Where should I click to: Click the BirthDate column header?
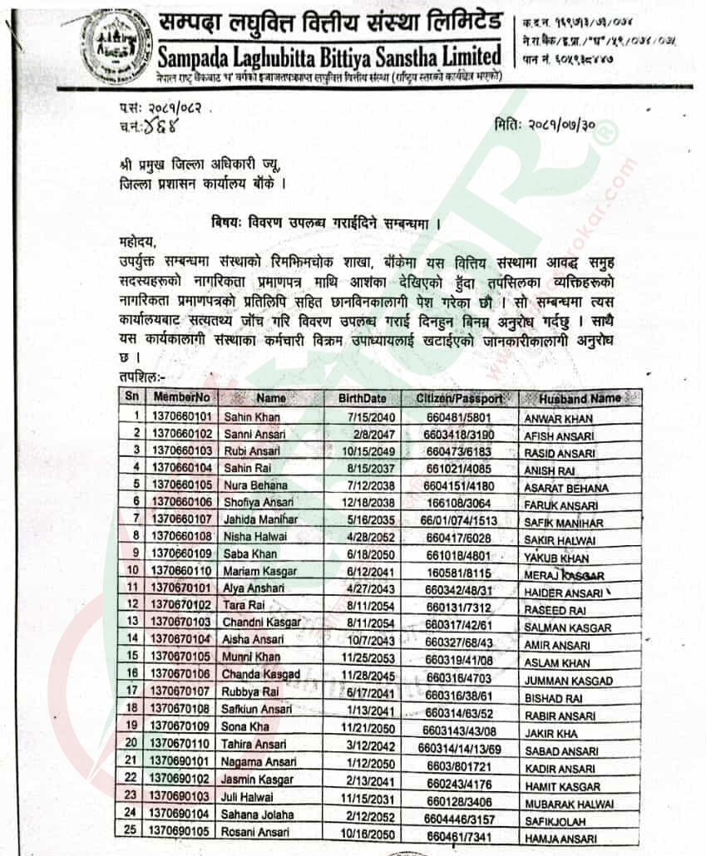click(x=362, y=398)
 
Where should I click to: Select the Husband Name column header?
click(x=580, y=398)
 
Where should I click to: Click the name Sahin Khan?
click(x=250, y=416)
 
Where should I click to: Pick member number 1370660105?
click(x=181, y=485)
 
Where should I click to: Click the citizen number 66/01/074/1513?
click(x=460, y=519)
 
